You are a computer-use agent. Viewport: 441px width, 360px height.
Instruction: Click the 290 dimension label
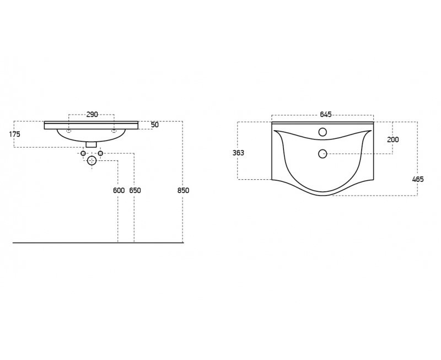point(92,115)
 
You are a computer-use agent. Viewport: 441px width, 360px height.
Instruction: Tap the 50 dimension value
point(155,125)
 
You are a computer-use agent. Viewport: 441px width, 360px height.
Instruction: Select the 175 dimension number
point(15,134)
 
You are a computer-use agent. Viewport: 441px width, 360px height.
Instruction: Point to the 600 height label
point(119,190)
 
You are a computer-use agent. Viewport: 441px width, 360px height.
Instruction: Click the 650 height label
point(135,190)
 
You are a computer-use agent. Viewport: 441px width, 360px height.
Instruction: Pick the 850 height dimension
point(184,190)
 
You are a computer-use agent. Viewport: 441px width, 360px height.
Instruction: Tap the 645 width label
point(326,115)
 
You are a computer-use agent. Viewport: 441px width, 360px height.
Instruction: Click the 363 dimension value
point(238,153)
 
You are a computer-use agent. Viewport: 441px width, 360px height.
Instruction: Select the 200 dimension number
point(393,139)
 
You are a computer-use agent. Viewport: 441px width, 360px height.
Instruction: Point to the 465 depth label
point(418,179)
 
